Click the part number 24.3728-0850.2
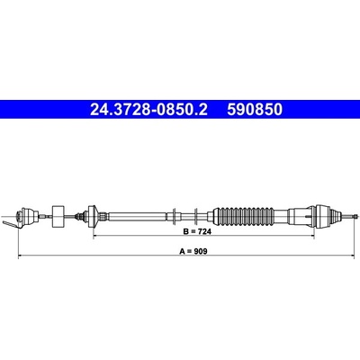pos(148,110)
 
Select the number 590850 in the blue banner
pos(255,110)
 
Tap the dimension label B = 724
pos(197,231)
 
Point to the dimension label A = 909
pos(193,252)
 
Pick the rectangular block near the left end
pos(58,216)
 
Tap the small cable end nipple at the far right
pos(355,216)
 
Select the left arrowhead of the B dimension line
pos(95,236)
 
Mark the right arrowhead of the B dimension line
pos(312,236)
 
